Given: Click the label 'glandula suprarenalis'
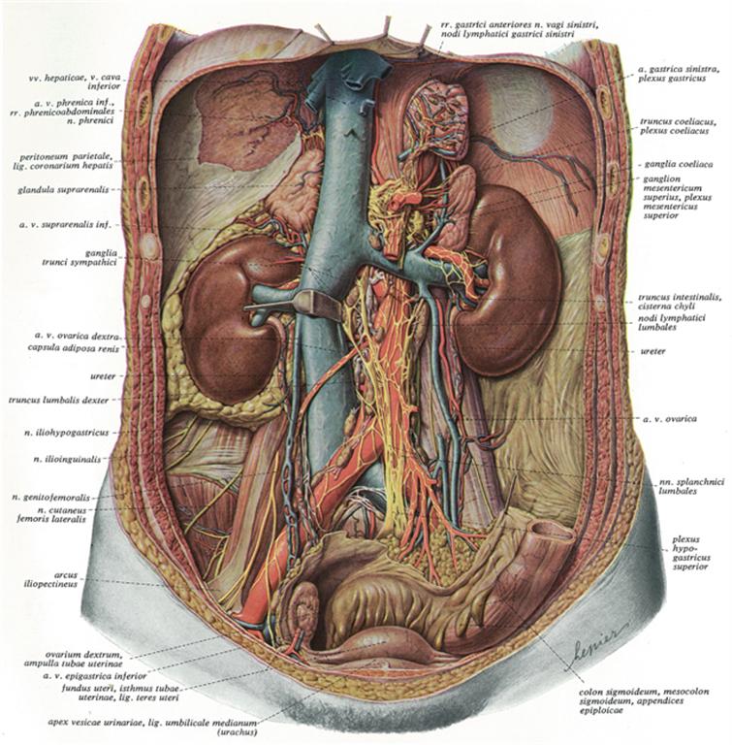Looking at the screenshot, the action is [63, 190].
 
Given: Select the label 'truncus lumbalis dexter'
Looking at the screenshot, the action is [58, 400].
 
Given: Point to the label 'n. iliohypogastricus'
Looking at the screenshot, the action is [67, 433].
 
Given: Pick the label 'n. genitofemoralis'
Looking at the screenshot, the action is [50, 498].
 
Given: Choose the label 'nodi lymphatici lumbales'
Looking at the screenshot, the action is [671, 323].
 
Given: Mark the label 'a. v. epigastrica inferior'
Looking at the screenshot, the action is [94, 675].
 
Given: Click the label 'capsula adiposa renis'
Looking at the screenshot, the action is [74, 348].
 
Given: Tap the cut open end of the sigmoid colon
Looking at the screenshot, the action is [554, 531].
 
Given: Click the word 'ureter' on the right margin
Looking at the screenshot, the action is [652, 351].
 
